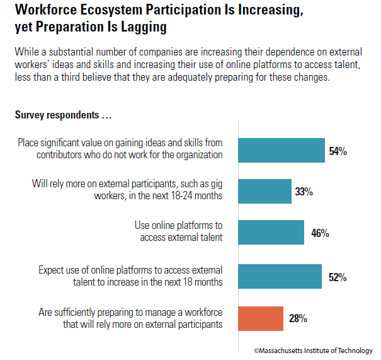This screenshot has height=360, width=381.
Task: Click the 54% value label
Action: pos(338,151)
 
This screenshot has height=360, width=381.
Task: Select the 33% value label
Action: pos(304,192)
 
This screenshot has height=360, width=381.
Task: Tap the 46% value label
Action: pos(320,233)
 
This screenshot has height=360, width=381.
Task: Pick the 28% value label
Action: pos(298,319)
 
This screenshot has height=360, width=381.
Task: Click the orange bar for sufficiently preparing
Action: pos(262,318)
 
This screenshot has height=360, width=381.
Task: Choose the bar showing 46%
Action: pos(273,232)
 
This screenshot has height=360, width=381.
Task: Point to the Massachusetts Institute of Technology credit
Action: pos(313,350)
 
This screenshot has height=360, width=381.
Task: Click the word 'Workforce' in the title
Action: pos(45,11)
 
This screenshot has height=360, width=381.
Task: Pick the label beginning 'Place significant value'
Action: pos(120,149)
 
